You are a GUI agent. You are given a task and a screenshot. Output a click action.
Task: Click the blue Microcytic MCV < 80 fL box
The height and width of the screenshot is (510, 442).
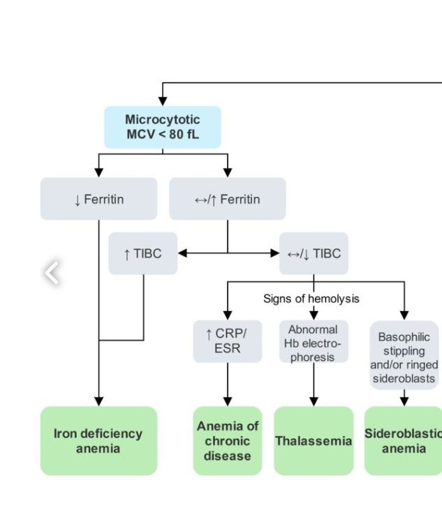coord(163,127)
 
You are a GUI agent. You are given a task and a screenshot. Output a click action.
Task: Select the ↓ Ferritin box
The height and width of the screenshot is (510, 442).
coord(98,199)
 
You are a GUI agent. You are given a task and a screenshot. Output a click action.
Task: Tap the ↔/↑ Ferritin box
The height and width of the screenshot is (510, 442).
coord(227,199)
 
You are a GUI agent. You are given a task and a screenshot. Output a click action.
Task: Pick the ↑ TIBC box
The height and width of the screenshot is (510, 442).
coord(143,253)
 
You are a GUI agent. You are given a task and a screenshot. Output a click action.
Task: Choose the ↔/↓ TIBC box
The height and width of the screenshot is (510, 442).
coord(314,253)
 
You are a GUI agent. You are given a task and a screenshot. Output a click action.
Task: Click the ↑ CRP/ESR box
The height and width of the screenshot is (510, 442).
coord(227,340)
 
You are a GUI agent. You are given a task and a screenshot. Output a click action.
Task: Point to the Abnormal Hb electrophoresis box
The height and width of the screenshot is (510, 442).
coord(313,343)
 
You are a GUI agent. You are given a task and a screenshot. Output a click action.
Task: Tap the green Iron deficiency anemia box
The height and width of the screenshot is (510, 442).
coord(98,441)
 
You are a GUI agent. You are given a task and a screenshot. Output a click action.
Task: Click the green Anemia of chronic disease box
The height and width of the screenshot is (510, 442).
coord(227,441)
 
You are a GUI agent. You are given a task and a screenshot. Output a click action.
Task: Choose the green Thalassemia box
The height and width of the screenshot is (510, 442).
coord(313,441)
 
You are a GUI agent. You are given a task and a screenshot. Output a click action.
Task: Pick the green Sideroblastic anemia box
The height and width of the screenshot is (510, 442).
coord(404,441)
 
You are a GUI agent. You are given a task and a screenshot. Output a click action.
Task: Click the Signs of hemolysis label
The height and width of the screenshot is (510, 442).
coord(311,299)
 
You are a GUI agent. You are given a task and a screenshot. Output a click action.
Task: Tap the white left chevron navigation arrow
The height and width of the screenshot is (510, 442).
coord(52,273)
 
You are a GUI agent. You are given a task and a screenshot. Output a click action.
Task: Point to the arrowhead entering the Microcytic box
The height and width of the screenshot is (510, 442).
coord(163,102)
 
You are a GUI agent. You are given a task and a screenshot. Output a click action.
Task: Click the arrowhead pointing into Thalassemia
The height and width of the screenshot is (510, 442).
coord(314,401)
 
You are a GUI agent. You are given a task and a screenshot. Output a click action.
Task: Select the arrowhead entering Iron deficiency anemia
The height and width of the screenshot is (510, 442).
coord(98,401)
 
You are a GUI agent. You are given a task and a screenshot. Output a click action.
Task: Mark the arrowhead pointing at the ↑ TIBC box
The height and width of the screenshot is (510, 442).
coord(183,253)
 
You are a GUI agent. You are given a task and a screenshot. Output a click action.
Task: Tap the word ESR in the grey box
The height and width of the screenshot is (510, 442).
coord(227,347)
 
